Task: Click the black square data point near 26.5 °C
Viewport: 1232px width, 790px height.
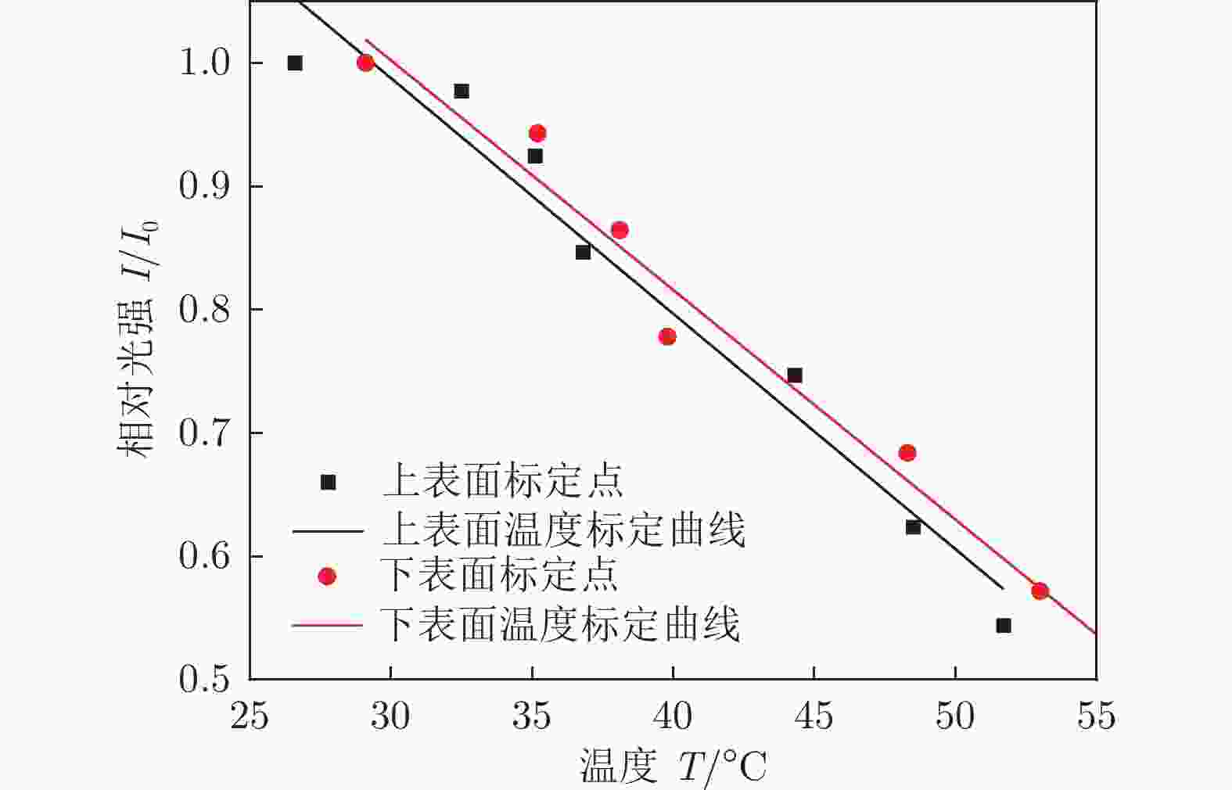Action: click(x=295, y=63)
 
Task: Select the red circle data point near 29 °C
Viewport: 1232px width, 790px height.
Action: click(x=365, y=63)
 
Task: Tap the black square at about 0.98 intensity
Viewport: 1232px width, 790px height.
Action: click(x=462, y=92)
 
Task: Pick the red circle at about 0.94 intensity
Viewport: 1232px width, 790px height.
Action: click(x=537, y=133)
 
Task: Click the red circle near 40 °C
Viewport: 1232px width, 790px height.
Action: click(x=667, y=337)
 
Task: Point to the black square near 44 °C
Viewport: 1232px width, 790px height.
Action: click(x=795, y=375)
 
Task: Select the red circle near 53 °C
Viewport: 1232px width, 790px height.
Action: click(x=1040, y=591)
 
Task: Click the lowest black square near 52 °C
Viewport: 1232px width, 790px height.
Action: click(x=1004, y=626)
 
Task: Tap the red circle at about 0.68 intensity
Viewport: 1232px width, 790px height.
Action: click(x=907, y=453)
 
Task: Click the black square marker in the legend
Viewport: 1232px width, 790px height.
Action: click(x=328, y=483)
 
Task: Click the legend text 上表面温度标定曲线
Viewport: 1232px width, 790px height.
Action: click(x=563, y=530)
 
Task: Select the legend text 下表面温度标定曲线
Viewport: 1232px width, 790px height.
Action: click(x=560, y=625)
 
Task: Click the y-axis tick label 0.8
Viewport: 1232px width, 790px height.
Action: click(x=205, y=310)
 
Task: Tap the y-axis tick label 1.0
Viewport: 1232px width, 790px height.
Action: click(x=205, y=63)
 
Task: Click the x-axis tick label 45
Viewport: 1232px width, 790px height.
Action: click(x=814, y=716)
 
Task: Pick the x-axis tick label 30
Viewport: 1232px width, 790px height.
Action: click(x=390, y=716)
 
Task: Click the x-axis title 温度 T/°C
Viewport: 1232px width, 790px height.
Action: click(x=673, y=767)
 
